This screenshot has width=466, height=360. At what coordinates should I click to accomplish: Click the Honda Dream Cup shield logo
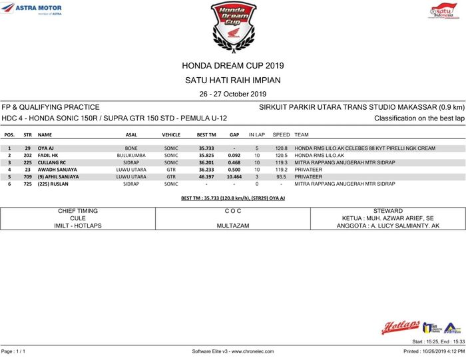point(232,24)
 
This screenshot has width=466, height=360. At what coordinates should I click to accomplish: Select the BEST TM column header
point(206,134)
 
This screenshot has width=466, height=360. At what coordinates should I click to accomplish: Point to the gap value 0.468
point(234,162)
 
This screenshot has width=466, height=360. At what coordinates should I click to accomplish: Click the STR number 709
point(28,177)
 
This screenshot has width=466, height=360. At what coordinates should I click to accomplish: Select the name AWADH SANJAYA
point(57,170)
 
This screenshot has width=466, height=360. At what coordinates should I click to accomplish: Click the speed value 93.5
point(281,177)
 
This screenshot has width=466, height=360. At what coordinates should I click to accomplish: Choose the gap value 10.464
point(234,177)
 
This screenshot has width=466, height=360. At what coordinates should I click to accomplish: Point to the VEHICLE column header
point(171,134)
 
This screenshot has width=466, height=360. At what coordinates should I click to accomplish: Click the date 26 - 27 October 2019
point(232,94)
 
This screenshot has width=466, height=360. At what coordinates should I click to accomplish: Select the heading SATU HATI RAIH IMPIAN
point(232,81)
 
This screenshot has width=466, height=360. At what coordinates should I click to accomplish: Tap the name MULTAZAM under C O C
point(233,226)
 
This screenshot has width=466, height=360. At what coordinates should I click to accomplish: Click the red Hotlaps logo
point(400,327)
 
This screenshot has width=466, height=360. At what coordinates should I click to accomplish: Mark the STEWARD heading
point(388,211)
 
